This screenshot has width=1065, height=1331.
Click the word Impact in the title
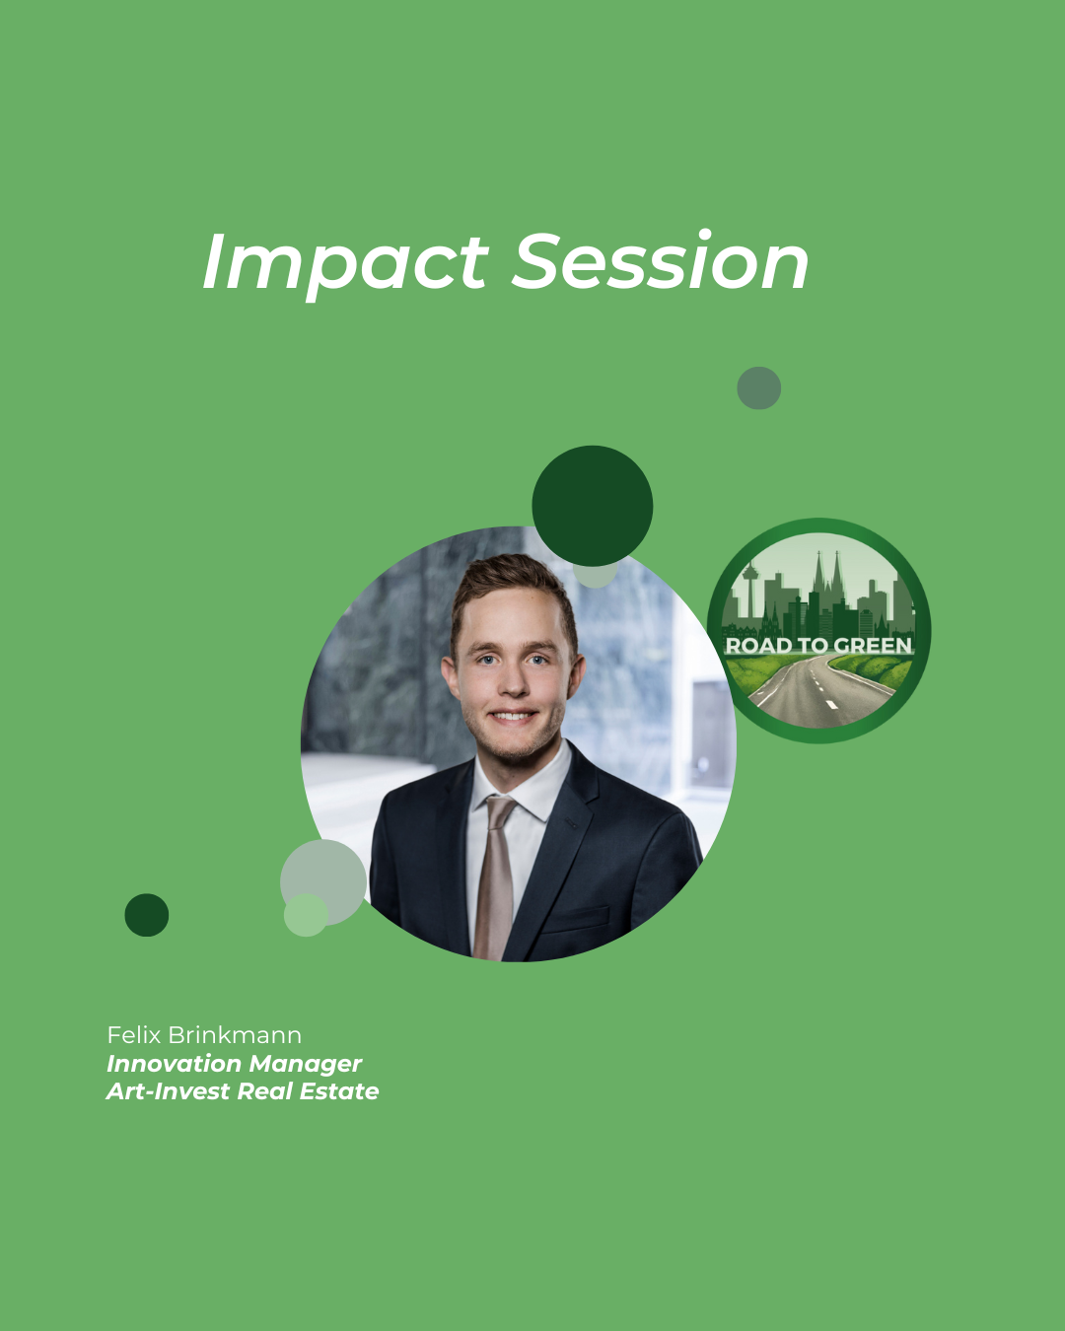coord(345,264)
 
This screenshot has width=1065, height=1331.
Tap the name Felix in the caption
coord(134,1035)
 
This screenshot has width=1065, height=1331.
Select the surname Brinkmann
coord(235,1035)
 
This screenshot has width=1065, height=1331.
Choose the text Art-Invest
coord(169,1091)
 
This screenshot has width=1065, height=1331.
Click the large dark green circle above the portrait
coord(593,506)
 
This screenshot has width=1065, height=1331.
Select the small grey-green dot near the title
coord(758,387)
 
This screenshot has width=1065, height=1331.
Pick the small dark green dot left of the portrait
coord(147,915)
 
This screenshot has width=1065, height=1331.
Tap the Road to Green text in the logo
coord(818,645)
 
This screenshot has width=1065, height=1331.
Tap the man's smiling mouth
coord(511,716)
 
